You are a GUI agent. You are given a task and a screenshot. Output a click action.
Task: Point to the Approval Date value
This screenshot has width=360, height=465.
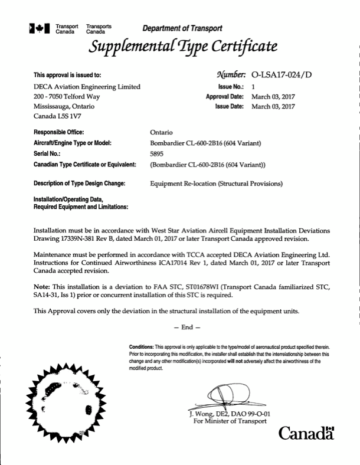[x=273, y=96]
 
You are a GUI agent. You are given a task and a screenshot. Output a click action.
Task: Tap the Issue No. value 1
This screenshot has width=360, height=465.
[x=253, y=86]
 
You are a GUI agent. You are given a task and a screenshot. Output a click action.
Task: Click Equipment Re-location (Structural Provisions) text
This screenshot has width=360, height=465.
[x=217, y=184]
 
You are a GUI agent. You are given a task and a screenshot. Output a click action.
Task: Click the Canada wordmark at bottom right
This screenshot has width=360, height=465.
[x=306, y=435]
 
